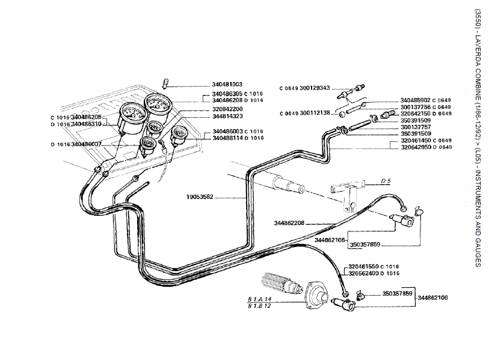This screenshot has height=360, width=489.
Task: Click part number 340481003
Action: point(227,85)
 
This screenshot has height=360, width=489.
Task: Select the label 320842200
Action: point(227,109)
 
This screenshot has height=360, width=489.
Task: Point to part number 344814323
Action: point(227,116)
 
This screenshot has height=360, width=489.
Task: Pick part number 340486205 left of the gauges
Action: point(87,117)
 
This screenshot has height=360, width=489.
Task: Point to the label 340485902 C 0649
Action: point(425,100)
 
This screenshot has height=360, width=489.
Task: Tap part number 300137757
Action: point(416,127)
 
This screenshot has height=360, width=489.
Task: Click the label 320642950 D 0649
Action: point(425,147)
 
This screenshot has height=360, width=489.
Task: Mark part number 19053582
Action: point(200,197)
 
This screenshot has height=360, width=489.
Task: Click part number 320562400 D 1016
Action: point(374,273)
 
